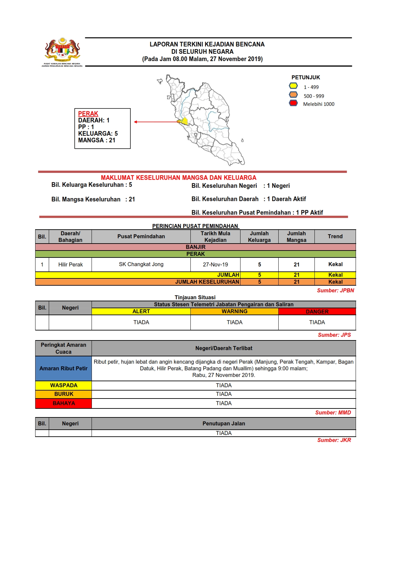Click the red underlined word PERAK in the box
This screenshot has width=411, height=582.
(x=88, y=113)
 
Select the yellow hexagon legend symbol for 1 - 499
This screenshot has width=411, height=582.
(x=293, y=86)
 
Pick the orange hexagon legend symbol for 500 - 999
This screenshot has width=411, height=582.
(x=293, y=95)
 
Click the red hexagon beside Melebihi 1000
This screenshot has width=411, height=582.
(x=293, y=103)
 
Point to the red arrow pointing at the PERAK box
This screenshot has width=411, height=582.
(x=156, y=122)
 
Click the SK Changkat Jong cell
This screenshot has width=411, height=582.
(x=141, y=264)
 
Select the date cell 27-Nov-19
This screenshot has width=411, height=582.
(x=215, y=264)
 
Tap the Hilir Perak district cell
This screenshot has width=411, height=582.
(x=70, y=264)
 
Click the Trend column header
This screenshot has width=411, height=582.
(x=335, y=236)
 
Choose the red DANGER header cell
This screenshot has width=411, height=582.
(x=317, y=312)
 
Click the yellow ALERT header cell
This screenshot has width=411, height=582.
(x=141, y=311)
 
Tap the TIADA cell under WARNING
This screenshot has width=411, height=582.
(x=234, y=322)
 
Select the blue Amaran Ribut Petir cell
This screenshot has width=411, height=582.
(x=63, y=368)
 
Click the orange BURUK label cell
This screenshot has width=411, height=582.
(x=63, y=394)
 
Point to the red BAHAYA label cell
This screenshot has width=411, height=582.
(x=63, y=403)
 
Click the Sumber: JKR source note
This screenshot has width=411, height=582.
(x=334, y=440)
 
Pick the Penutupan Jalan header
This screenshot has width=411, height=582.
(x=224, y=423)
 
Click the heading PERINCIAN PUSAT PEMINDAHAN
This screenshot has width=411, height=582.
(x=195, y=226)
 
